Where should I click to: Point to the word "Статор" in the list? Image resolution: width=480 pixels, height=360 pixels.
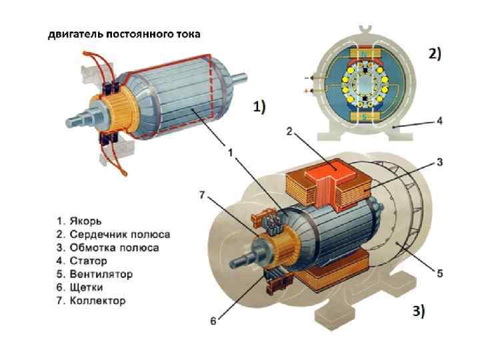(x=87, y=261)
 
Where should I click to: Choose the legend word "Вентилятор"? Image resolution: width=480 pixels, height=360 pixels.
(x=100, y=274)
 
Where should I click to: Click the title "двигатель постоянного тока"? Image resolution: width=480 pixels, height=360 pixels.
(x=123, y=34)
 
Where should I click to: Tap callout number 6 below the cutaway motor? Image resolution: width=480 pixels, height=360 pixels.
(x=213, y=321)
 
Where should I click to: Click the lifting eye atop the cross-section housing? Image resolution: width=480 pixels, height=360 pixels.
(x=365, y=29)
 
